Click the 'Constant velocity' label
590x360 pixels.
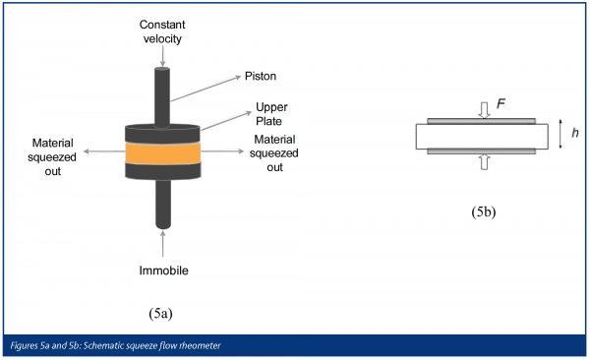[x=162, y=31]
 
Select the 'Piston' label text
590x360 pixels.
[x=261, y=76]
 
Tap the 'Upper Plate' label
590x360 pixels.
[x=271, y=114]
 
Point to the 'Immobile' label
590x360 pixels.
[x=163, y=270]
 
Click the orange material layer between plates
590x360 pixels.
[x=163, y=153]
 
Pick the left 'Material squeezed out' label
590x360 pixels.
[x=52, y=157]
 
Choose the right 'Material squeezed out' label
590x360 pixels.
[x=274, y=153]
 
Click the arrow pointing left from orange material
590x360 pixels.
[x=104, y=151]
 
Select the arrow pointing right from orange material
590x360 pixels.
[x=222, y=151]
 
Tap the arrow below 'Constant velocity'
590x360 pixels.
[x=162, y=56]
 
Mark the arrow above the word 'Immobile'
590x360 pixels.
[x=162, y=244]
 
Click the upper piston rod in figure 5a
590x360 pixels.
[x=162, y=97]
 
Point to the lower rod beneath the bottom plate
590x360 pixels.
[x=163, y=205]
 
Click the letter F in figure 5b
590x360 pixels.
[x=501, y=103]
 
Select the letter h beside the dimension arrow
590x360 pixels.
[x=575, y=133]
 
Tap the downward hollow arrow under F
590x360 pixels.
[x=484, y=110]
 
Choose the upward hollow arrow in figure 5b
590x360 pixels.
[x=484, y=162]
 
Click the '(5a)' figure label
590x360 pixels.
[x=160, y=314]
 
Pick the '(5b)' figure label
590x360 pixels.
[x=484, y=212]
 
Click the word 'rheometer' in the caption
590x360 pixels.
[x=201, y=345]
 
